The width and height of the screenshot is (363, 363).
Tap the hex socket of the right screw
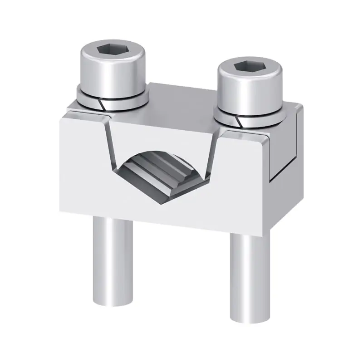click(x=249, y=67)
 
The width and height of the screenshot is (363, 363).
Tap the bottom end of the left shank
click(x=113, y=302)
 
